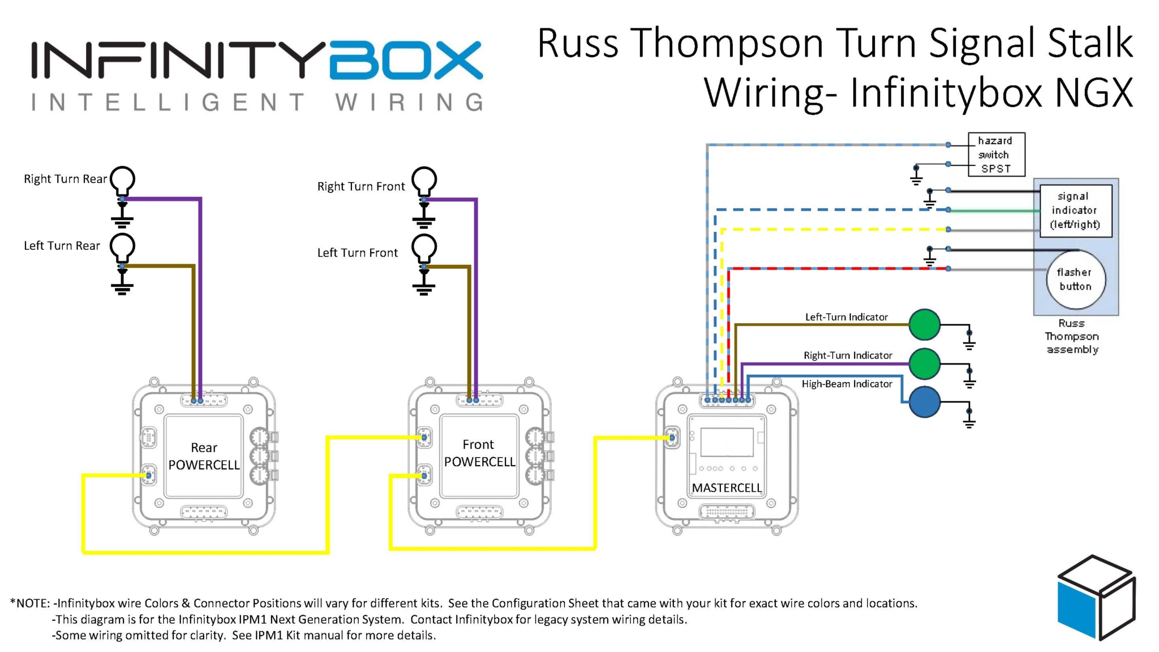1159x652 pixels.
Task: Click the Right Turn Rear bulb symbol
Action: pyautogui.click(x=122, y=180)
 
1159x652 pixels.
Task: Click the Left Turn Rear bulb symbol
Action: pyautogui.click(x=122, y=247)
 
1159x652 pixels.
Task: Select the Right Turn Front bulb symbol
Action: pyautogui.click(x=424, y=181)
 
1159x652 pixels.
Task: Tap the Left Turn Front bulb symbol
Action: pyautogui.click(x=424, y=248)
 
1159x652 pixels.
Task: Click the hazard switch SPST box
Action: pyautogui.click(x=996, y=155)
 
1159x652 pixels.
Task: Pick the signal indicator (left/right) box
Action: pyautogui.click(x=1075, y=210)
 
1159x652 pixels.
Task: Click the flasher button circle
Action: pyautogui.click(x=1075, y=280)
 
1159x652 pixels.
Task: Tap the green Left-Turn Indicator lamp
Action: pyautogui.click(x=924, y=324)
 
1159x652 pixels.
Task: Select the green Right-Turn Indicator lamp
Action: pyautogui.click(x=924, y=363)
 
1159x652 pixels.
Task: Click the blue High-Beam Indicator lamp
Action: pyautogui.click(x=924, y=402)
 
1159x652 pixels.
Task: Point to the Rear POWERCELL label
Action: pyautogui.click(x=204, y=456)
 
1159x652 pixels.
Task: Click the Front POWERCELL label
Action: pyautogui.click(x=479, y=453)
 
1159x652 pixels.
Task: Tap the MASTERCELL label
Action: pyautogui.click(x=727, y=488)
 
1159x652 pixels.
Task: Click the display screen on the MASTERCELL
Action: pyautogui.click(x=727, y=441)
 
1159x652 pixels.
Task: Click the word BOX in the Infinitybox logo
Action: pyautogui.click(x=405, y=60)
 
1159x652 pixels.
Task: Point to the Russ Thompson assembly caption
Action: pyautogui.click(x=1072, y=336)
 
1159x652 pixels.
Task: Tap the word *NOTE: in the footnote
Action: pyautogui.click(x=30, y=603)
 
